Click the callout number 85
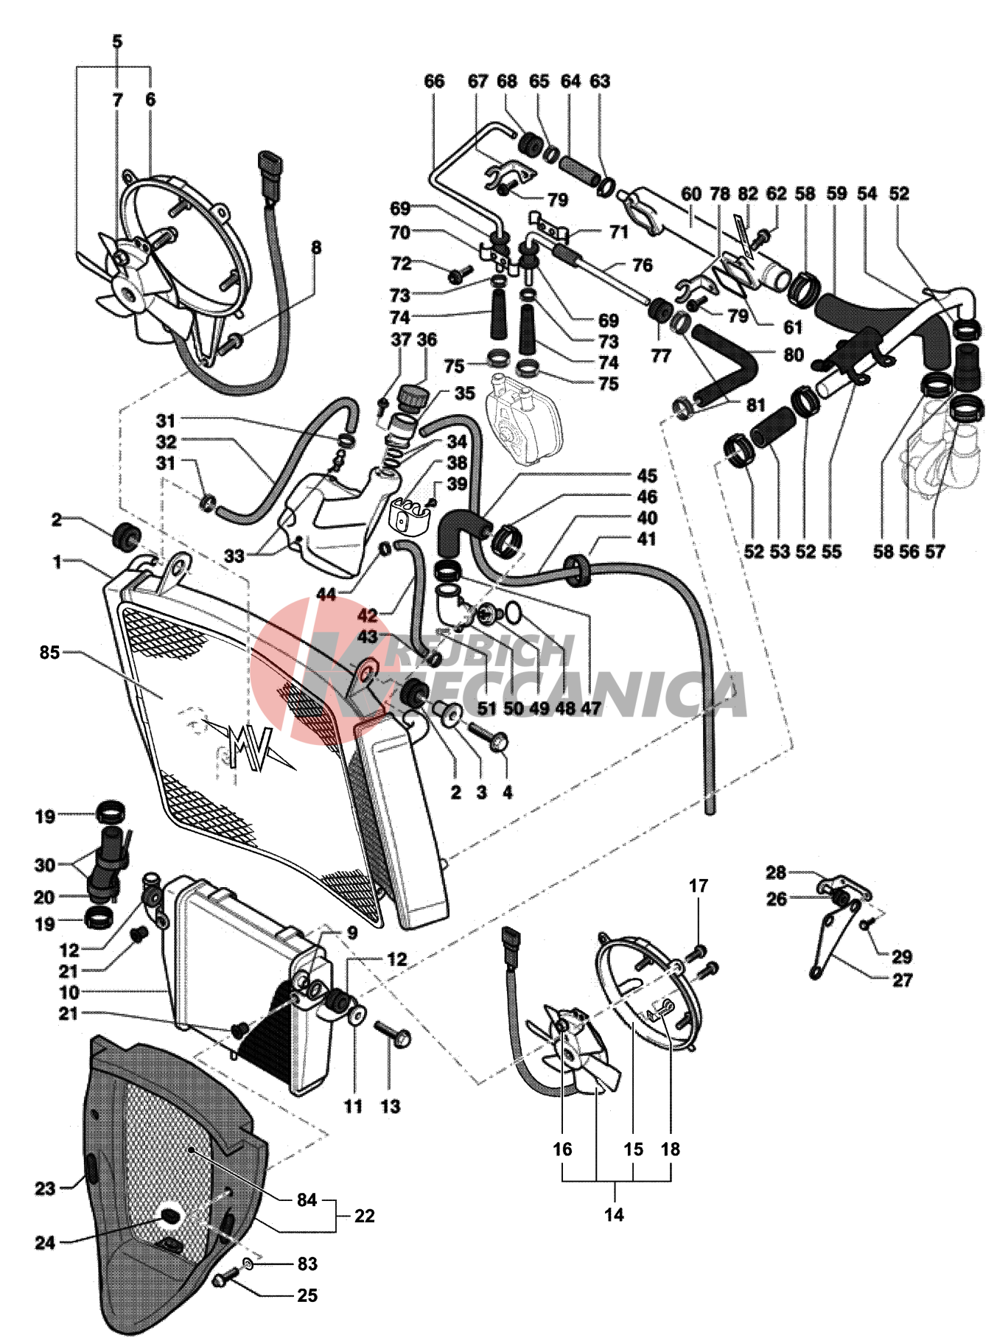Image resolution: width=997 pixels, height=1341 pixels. [49, 653]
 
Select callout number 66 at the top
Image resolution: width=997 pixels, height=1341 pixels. [435, 81]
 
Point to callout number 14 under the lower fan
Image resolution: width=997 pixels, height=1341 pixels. [614, 1214]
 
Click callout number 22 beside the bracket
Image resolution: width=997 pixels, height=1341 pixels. [364, 1216]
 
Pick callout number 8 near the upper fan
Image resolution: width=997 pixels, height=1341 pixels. [316, 248]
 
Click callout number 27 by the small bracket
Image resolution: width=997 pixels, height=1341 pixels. [902, 980]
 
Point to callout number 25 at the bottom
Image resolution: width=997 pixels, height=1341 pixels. [307, 1295]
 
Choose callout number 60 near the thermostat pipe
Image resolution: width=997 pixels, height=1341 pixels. [691, 195]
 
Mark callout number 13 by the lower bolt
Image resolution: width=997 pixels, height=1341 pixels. [390, 1106]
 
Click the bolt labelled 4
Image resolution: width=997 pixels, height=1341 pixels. [495, 738]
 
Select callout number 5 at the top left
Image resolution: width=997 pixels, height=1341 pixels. [118, 42]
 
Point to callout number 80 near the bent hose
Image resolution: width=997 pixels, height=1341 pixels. [793, 354]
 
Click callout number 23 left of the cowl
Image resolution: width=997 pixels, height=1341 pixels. [45, 1188]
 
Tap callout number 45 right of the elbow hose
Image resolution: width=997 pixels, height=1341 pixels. [647, 476]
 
